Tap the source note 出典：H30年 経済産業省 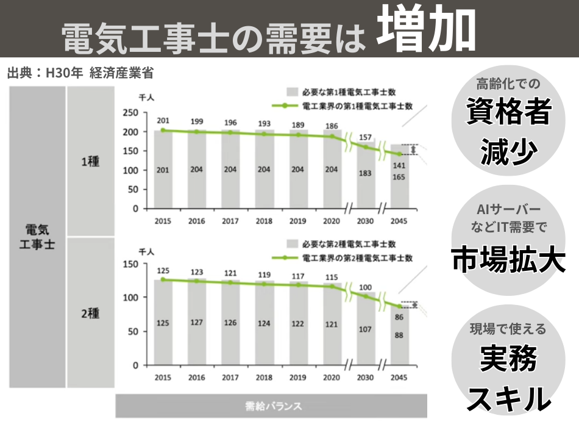click(x=80, y=73)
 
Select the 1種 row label click(x=90, y=162)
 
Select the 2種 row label click(x=90, y=314)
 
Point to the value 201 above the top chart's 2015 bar click(x=162, y=121)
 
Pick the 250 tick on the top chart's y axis click(x=130, y=113)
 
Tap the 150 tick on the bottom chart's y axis click(x=130, y=264)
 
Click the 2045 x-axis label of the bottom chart click(x=399, y=378)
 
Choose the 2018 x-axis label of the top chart click(x=264, y=221)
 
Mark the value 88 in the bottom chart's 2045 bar click(x=399, y=335)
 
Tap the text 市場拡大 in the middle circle click(x=508, y=260)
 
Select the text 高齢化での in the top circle click(x=508, y=84)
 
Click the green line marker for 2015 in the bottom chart click(x=162, y=279)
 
